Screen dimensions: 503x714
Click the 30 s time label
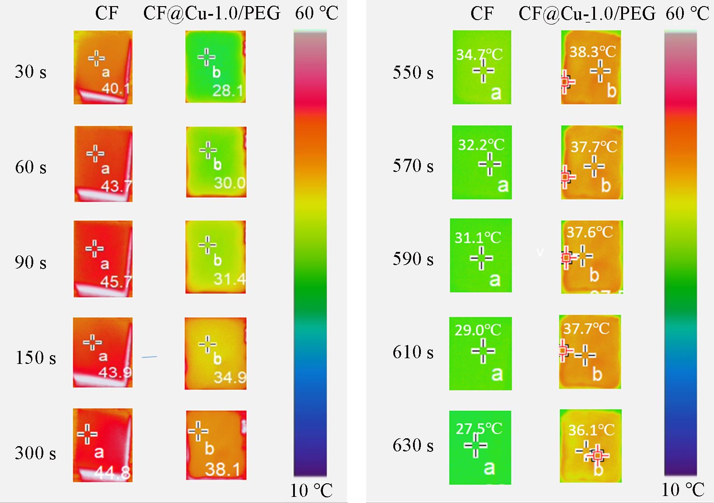31,72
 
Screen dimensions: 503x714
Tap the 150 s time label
36,357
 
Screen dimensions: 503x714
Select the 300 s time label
35,453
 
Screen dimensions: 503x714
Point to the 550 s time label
413,73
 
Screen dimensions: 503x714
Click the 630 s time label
413,445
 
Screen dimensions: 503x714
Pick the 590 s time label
413,259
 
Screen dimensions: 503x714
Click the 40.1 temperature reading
116,89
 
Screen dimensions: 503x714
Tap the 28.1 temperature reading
227,91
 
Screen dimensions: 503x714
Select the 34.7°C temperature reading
479,55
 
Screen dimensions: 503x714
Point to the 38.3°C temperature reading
592,52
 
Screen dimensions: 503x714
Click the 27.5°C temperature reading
479,429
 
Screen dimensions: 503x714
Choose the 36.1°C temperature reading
591,430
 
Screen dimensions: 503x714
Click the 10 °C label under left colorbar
311,491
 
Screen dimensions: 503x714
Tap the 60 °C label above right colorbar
687,14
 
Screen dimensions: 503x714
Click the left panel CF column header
106,14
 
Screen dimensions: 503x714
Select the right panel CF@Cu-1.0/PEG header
587,14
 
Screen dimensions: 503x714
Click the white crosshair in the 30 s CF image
97,58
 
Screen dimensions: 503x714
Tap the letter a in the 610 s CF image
497,374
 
